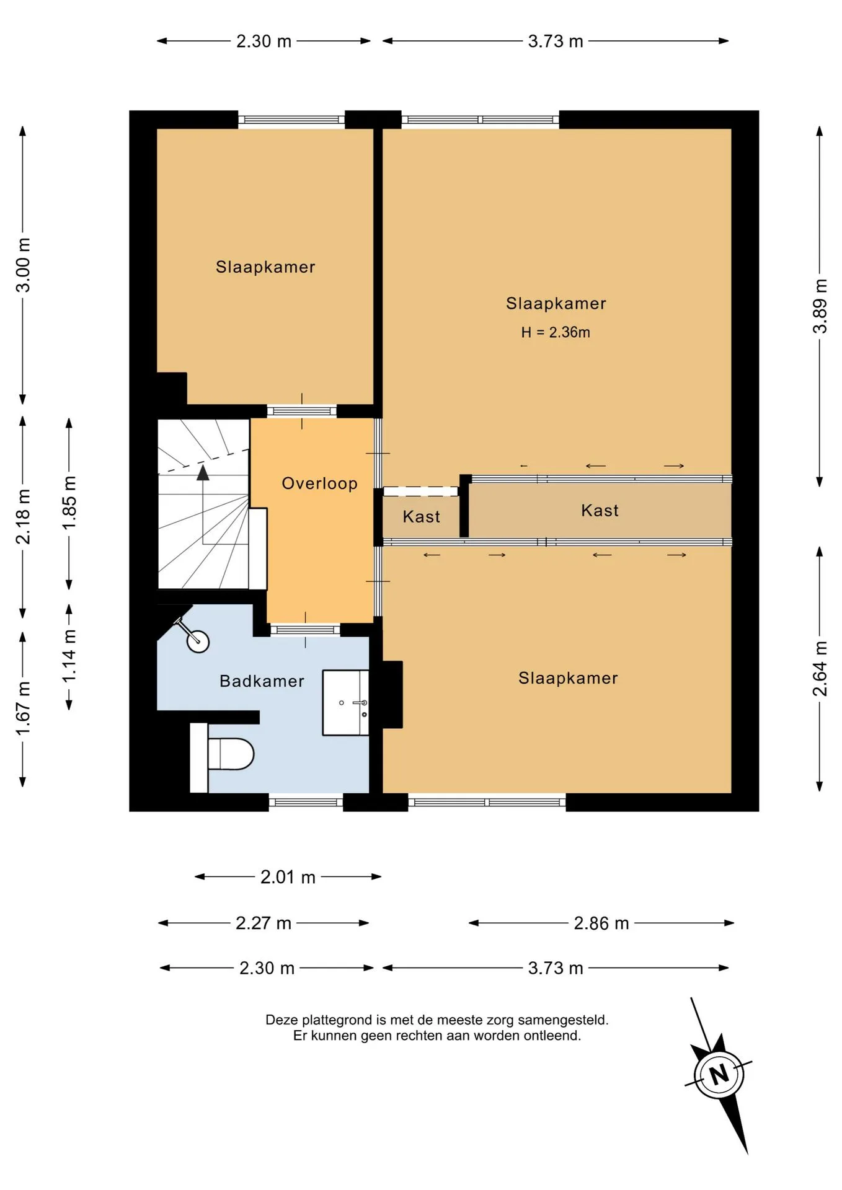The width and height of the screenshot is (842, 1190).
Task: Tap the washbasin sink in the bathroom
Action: point(346,702)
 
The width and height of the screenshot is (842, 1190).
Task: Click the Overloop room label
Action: point(320,483)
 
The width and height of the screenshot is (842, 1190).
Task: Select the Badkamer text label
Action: point(262,681)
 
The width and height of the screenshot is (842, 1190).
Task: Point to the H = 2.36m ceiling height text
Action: point(556,332)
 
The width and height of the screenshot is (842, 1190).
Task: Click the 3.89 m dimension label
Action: point(820,306)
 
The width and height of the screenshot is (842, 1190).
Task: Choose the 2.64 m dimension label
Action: point(820,669)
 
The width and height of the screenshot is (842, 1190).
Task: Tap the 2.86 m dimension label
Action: point(601,923)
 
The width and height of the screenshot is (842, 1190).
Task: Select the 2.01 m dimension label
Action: point(288,877)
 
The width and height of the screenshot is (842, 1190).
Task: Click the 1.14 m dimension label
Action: point(69,656)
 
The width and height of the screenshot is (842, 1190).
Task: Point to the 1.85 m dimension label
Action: point(69,503)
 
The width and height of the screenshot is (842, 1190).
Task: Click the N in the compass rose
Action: point(719,1073)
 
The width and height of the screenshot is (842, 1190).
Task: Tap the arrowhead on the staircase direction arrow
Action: point(203,473)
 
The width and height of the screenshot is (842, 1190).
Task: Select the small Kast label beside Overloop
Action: point(422,516)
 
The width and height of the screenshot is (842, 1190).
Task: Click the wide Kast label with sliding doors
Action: point(600,510)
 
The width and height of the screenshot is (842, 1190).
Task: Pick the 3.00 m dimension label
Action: point(23,265)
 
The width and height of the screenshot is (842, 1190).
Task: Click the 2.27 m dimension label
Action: point(264,923)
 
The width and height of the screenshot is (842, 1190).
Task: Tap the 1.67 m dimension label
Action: point(23,709)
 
